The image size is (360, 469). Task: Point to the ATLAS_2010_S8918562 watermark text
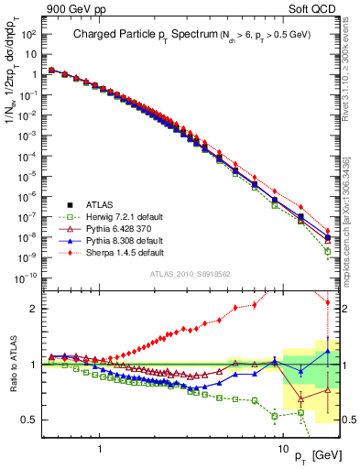tap(190, 274)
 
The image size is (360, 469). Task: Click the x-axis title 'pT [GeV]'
tap(311, 455)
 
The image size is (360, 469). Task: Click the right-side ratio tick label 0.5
tap(348, 420)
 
